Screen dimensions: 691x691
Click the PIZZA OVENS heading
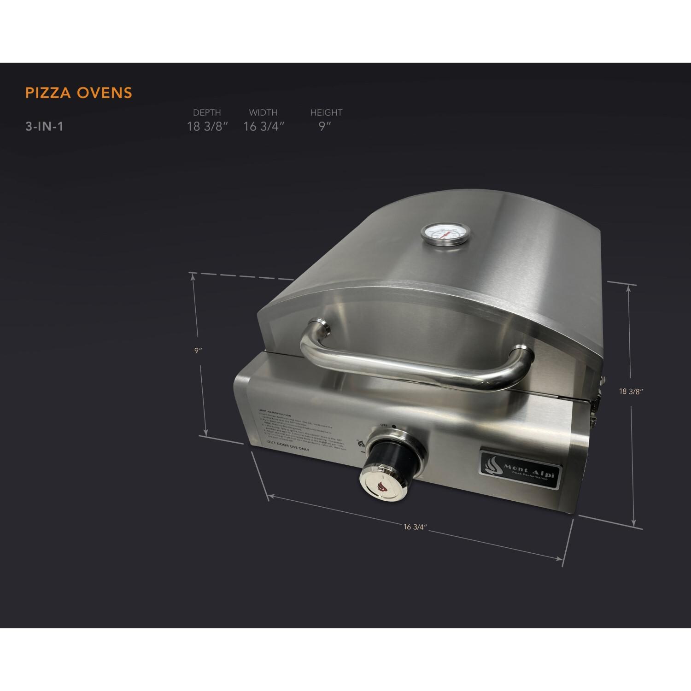tap(79, 93)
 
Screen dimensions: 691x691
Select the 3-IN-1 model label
tap(44, 127)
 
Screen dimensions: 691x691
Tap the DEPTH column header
tap(207, 112)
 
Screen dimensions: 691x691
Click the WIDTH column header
tap(263, 112)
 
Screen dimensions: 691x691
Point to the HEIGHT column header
tap(326, 112)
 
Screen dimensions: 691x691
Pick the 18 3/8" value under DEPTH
tap(207, 127)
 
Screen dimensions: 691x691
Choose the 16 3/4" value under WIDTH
tap(264, 127)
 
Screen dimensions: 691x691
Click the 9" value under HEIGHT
tap(325, 127)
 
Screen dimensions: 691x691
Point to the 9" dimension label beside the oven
tap(198, 351)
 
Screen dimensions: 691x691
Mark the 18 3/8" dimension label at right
tap(631, 392)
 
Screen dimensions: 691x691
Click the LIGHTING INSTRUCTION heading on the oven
tap(272, 415)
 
